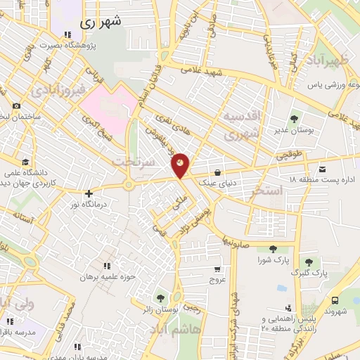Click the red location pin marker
pyautogui.click(x=180, y=165)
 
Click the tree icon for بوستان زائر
pyautogui.click(x=162, y=298)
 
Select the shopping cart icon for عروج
pyautogui.click(x=217, y=268)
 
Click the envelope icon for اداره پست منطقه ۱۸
pyautogui.click(x=322, y=169)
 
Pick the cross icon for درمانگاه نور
pyautogui.click(x=88, y=193)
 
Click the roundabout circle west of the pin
pyautogui.click(x=128, y=186)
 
